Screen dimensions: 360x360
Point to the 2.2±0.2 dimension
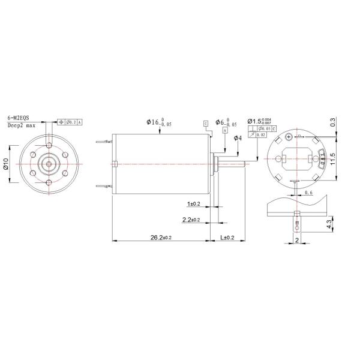[194, 220]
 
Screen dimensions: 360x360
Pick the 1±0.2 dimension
[194, 204]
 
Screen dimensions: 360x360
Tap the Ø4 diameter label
[237, 139]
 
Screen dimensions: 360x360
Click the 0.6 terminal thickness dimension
[309, 193]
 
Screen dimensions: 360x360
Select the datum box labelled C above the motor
[206, 122]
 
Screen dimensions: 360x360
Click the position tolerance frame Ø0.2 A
[71, 122]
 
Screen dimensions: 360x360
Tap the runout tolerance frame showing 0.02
[260, 135]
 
